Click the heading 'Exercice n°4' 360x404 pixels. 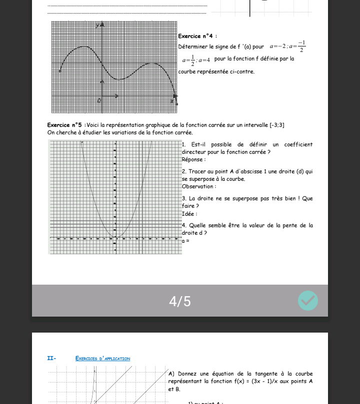[x=197, y=36]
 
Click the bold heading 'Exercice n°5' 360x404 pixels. [x=64, y=125]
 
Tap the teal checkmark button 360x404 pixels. [x=308, y=301]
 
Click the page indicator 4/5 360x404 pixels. [x=180, y=302]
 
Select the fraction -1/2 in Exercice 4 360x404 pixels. [x=301, y=46]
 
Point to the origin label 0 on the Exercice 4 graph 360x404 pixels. [x=99, y=101]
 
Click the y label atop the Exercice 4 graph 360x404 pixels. [x=97, y=24]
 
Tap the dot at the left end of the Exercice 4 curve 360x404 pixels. [x=60, y=71]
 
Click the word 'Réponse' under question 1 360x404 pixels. [x=193, y=160]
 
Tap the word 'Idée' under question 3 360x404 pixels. [x=189, y=214]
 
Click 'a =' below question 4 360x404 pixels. [x=185, y=241]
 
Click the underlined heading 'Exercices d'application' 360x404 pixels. [x=102, y=359]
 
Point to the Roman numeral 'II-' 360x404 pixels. [x=51, y=359]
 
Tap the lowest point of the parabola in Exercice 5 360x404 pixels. [x=115, y=236]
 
